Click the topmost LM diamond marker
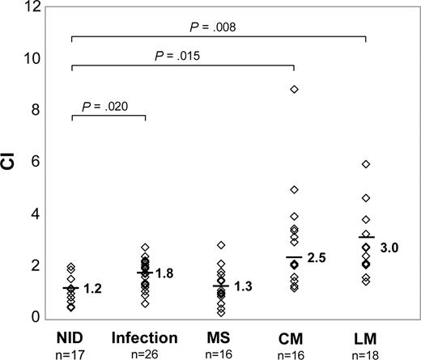[366, 164]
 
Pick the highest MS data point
[219, 244]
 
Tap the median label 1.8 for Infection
[166, 273]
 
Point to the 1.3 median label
[243, 286]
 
